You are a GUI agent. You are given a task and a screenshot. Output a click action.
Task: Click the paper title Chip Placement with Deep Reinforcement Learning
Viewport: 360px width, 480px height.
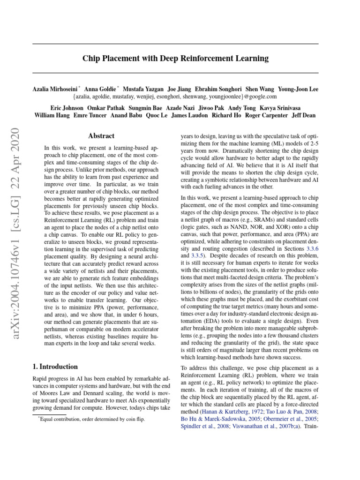pos(175,59)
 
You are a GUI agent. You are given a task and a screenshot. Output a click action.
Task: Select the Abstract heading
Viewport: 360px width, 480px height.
pos(101,136)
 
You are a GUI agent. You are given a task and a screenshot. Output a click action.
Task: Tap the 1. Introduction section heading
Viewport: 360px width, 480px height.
pos(55,367)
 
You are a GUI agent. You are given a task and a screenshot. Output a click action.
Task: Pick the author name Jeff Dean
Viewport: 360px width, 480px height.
pos(304,115)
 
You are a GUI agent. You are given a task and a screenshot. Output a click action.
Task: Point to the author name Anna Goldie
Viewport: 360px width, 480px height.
pos(101,89)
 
